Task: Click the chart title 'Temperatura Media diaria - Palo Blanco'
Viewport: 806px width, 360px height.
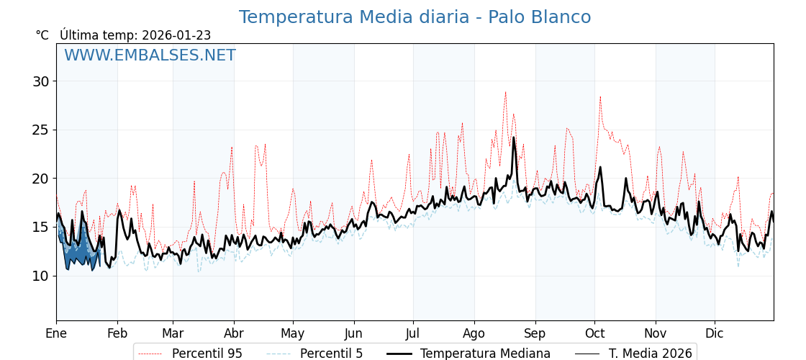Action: tap(415, 17)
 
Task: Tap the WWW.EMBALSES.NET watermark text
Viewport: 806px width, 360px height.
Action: tap(150, 55)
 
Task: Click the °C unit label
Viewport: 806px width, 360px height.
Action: tap(42, 35)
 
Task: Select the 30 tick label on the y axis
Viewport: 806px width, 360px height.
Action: tap(40, 81)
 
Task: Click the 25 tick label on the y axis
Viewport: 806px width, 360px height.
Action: tap(40, 130)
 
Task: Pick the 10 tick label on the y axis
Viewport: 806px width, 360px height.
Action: tap(40, 276)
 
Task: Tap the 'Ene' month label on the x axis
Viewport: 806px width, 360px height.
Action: tap(56, 334)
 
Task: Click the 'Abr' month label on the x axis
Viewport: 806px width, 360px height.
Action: tap(234, 334)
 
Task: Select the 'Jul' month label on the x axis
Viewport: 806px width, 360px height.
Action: tap(413, 334)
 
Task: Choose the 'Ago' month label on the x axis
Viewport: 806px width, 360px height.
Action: tap(474, 334)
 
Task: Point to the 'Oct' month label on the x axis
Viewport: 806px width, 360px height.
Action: tap(594, 334)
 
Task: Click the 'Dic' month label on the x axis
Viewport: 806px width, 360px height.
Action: tap(715, 334)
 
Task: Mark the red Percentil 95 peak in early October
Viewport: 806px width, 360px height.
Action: tap(600, 97)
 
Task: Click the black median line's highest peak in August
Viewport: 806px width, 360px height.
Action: tap(514, 138)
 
